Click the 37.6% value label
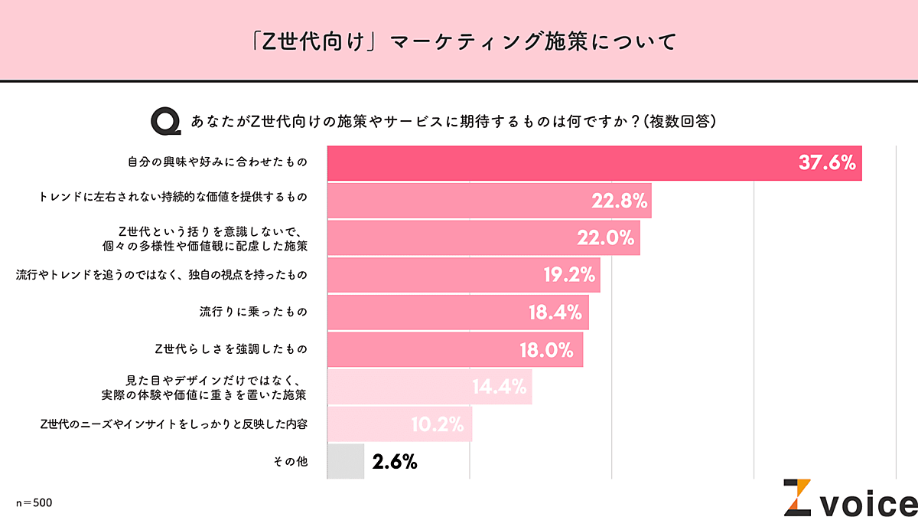coord(826,163)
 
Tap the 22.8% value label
coord(620,201)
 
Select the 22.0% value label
coord(606,238)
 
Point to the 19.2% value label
coord(569,275)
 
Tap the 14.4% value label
coord(499,387)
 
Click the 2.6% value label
coord(395,461)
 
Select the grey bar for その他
coord(346,461)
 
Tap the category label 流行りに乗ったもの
coord(252,312)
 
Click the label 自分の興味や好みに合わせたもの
coord(216,163)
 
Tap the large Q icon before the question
coord(165,122)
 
